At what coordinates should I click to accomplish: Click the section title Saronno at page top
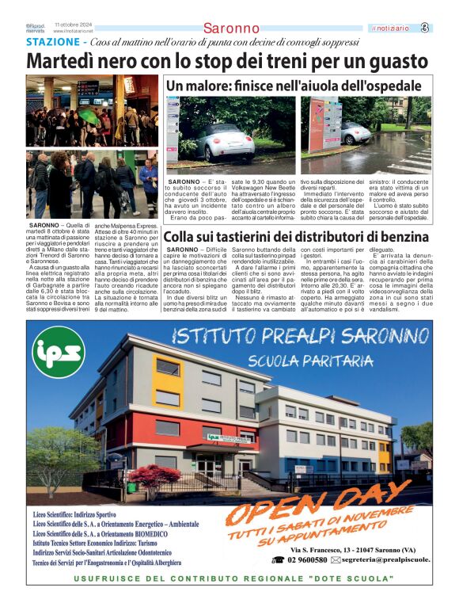pyautogui.click(x=230, y=29)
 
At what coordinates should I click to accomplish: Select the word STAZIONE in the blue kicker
pyautogui.click(x=52, y=41)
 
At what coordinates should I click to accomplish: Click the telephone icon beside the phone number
pyautogui.click(x=277, y=559)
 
